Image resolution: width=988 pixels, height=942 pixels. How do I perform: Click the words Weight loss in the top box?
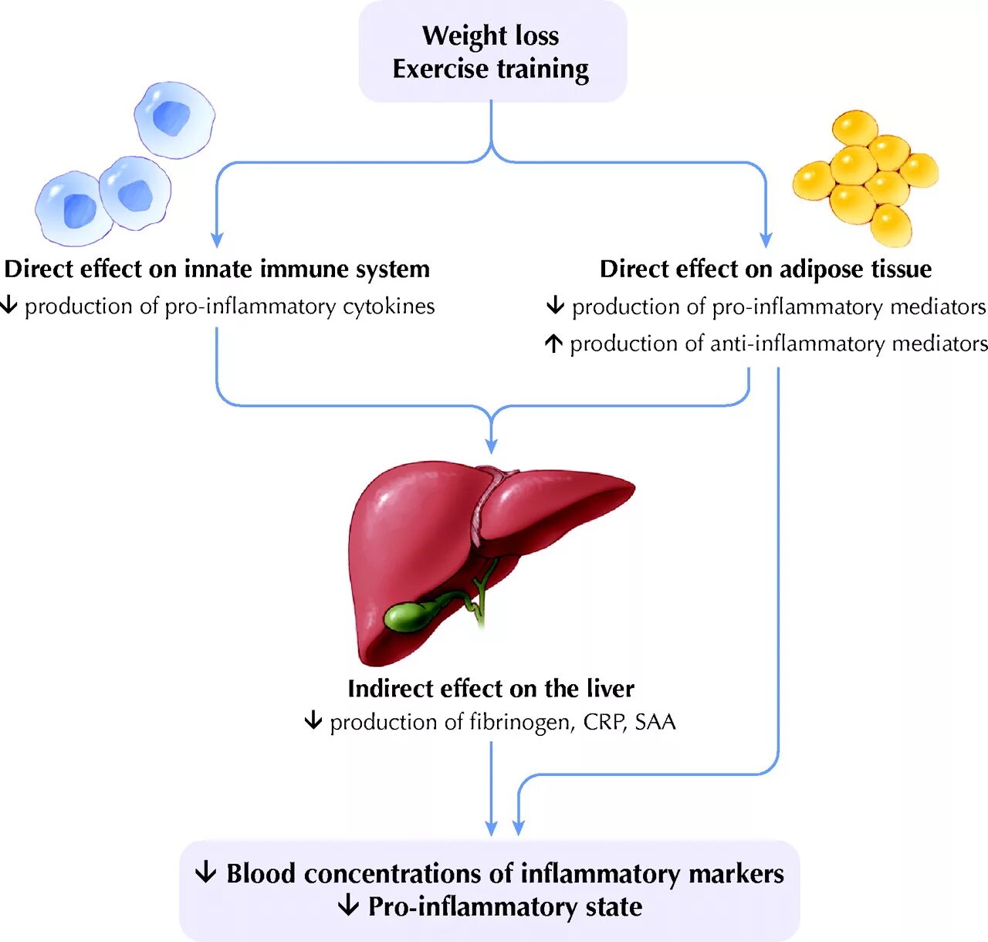pyautogui.click(x=491, y=36)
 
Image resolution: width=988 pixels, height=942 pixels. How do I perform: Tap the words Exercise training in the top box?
pyautogui.click(x=491, y=69)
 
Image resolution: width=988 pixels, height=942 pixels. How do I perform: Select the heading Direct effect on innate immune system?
pyautogui.click(x=217, y=269)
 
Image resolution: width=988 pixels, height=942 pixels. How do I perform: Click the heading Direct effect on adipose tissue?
pyautogui.click(x=766, y=269)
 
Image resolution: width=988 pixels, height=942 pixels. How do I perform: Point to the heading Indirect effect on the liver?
pyautogui.click(x=491, y=688)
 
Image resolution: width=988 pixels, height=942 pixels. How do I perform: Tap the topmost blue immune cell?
pyautogui.click(x=174, y=118)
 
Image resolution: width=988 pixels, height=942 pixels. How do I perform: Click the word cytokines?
pyautogui.click(x=389, y=307)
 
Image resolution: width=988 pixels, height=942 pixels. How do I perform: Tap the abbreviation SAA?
pyautogui.click(x=655, y=722)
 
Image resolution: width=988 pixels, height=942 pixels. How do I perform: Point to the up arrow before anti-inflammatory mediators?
pyautogui.click(x=553, y=343)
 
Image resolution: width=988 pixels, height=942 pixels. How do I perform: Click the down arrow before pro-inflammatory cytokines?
pyautogui.click(x=8, y=306)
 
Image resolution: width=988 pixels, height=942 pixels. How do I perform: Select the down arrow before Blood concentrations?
pyautogui.click(x=205, y=873)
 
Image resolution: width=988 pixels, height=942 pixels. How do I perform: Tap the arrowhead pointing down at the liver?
pyautogui.click(x=491, y=446)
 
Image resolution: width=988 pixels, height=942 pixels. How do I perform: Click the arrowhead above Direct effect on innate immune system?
pyautogui.click(x=217, y=240)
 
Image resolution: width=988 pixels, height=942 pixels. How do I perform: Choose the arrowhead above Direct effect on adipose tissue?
pyautogui.click(x=766, y=240)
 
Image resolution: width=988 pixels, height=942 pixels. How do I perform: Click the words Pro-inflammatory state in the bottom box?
pyautogui.click(x=505, y=906)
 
